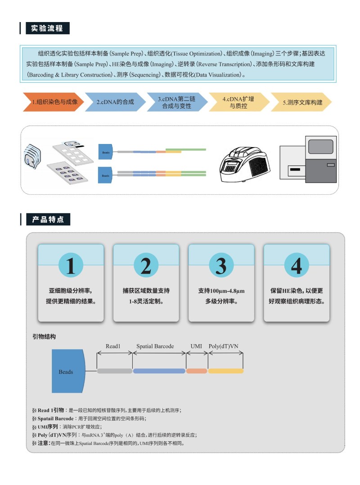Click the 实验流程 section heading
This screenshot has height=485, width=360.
(x=47, y=28)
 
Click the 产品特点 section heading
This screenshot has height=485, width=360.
(x=48, y=220)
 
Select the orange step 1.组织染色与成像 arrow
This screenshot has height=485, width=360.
(x=53, y=102)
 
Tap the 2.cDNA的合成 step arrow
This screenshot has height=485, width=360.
(x=115, y=102)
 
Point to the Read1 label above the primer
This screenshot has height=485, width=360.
(x=113, y=346)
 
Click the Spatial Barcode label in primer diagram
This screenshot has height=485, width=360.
(x=155, y=346)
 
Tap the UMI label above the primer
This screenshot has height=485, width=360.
(x=196, y=346)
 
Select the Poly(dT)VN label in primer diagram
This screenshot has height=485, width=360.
(x=224, y=346)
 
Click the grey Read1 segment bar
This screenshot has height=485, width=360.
(x=114, y=371)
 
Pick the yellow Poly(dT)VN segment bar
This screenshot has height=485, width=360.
(x=225, y=371)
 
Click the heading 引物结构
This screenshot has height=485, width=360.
(x=44, y=337)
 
